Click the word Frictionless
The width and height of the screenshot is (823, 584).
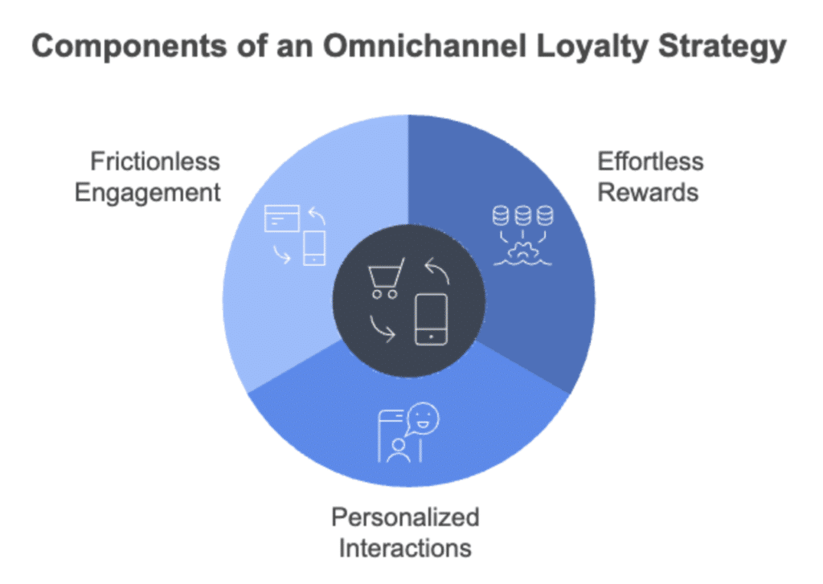tap(154, 161)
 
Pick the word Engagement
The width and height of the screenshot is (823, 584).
tap(147, 193)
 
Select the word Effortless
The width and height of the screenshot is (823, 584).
tap(650, 161)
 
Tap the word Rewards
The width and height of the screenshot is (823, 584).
tap(648, 193)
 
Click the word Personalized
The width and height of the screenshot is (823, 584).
tap(405, 516)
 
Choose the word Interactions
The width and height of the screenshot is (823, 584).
tap(405, 548)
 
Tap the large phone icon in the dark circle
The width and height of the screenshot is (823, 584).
tap(432, 320)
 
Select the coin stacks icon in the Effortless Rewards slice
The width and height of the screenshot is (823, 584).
tap(523, 215)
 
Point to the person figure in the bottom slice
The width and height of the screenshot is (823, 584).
tap(397, 450)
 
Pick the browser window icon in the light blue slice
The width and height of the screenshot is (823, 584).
tap(282, 218)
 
